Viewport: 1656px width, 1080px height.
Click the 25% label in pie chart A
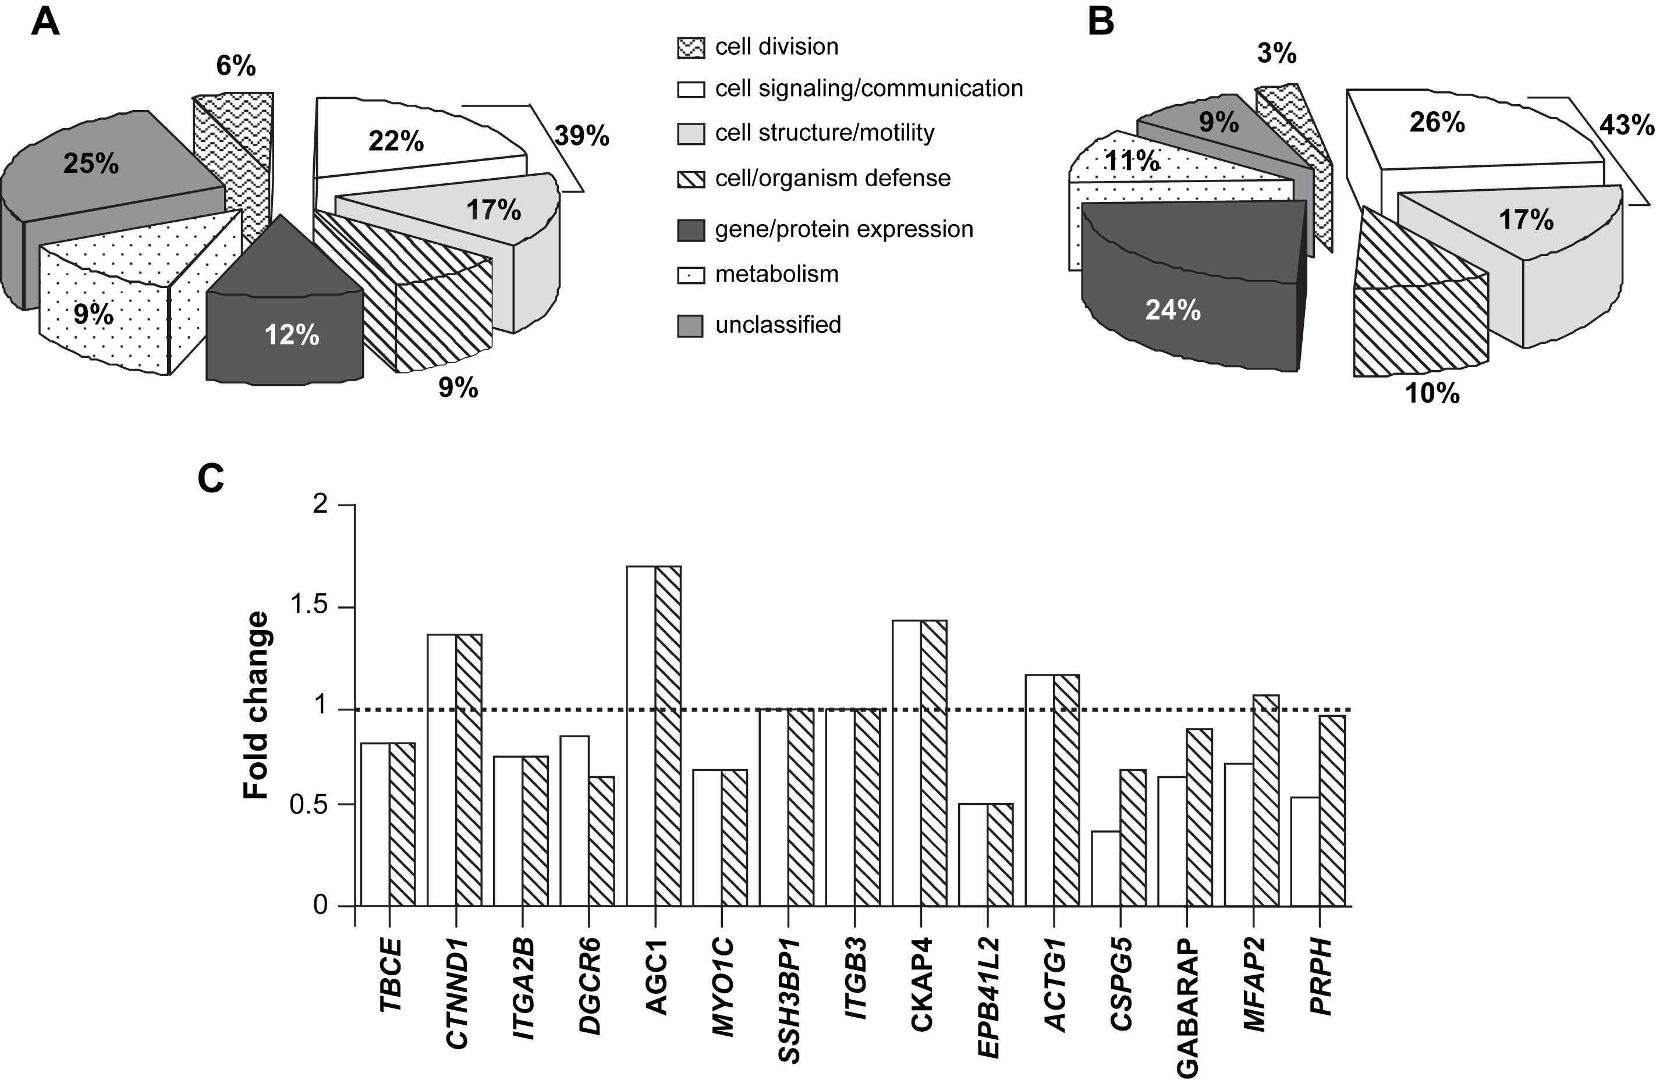click(x=91, y=164)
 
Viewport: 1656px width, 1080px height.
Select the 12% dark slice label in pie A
click(x=292, y=335)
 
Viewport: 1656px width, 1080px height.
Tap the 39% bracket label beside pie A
click(x=581, y=136)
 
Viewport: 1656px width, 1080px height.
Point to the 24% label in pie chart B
click(x=1172, y=310)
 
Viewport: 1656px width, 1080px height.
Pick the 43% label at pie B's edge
click(x=1626, y=125)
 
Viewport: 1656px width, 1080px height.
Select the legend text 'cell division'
click(x=776, y=47)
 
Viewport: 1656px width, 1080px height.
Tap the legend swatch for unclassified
click(x=690, y=325)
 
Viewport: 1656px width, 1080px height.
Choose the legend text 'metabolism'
click(x=776, y=275)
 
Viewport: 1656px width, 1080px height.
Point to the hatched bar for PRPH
click(x=1332, y=810)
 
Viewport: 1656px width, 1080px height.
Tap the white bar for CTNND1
click(x=441, y=770)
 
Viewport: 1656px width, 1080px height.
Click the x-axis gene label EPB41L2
click(x=988, y=997)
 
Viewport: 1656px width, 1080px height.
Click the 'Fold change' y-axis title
click(x=256, y=705)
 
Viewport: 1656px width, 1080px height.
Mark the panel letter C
click(x=211, y=479)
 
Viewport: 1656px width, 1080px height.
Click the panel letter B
click(x=1100, y=22)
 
